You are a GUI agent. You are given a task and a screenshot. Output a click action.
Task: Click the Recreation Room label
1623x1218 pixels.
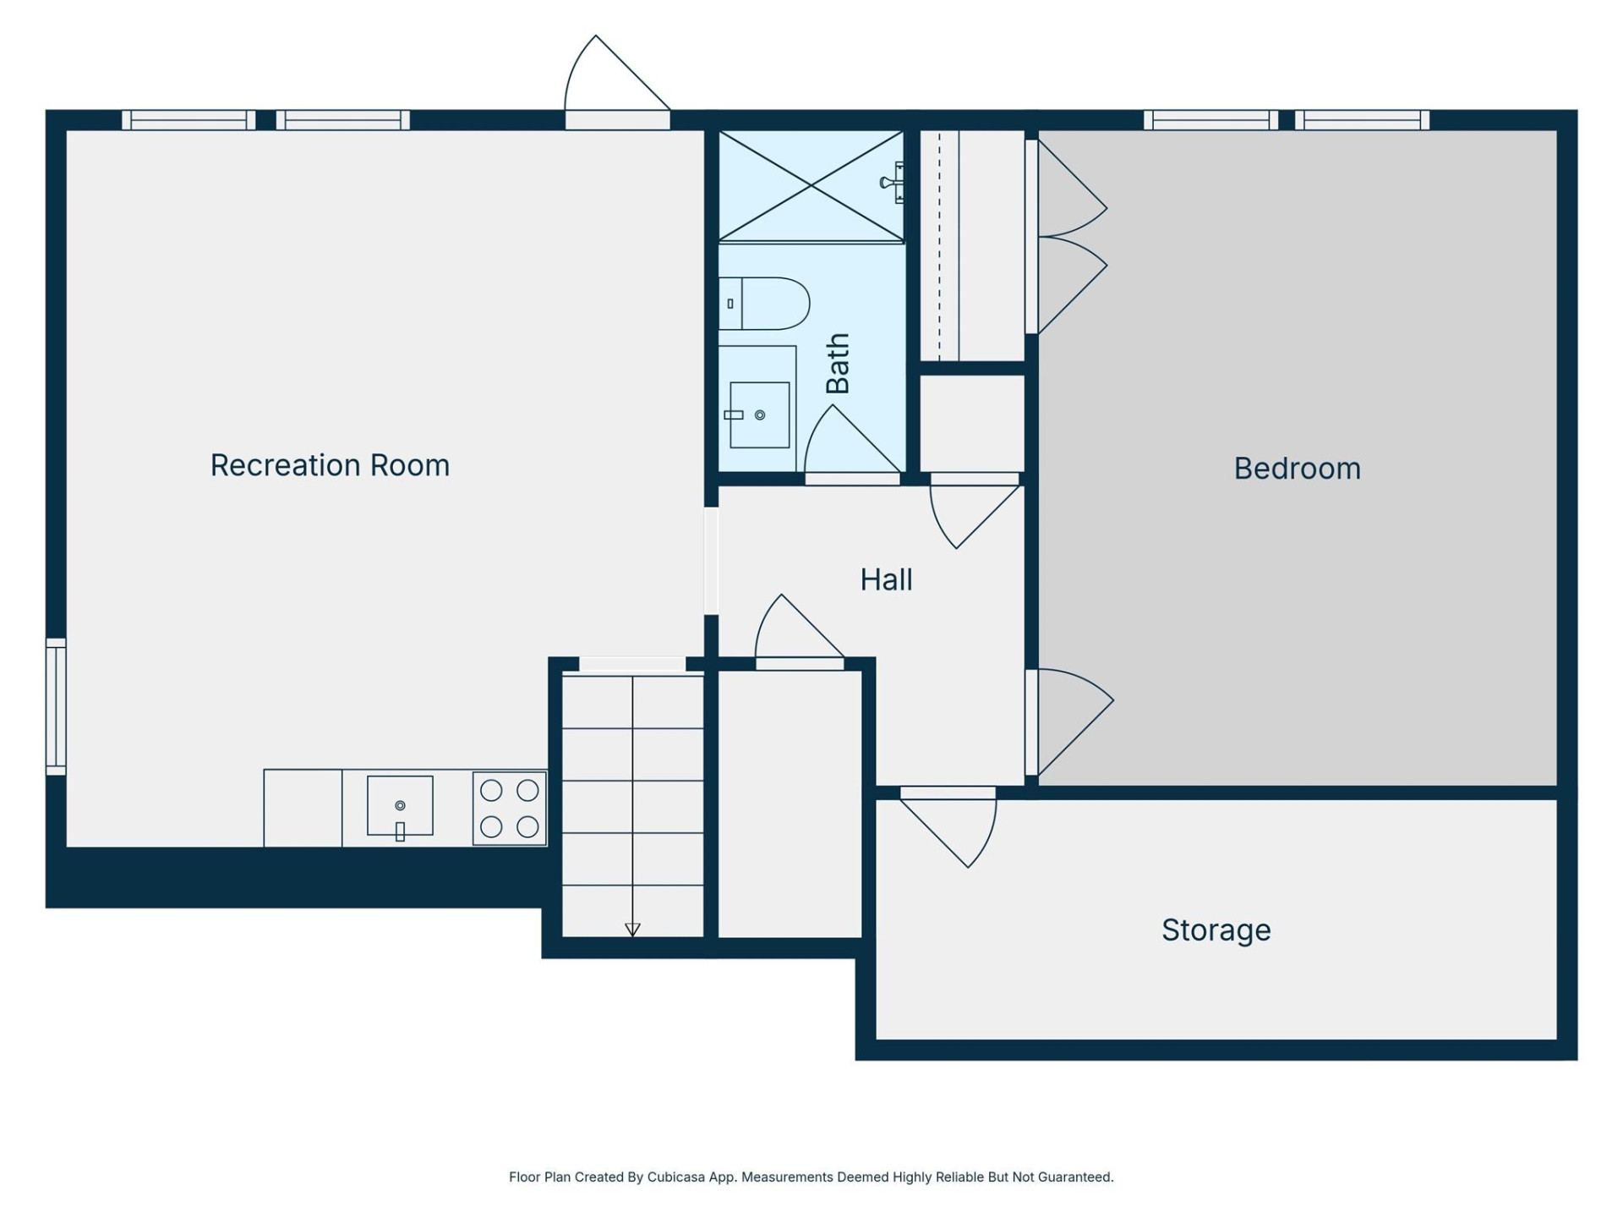tap(330, 465)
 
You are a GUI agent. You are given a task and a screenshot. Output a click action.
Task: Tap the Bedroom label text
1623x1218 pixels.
tap(1297, 469)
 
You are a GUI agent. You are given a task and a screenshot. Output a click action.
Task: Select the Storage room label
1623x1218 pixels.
tap(1216, 930)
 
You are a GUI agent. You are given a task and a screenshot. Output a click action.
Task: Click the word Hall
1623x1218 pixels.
tap(886, 580)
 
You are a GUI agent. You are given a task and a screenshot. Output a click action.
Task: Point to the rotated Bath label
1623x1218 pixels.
tap(837, 364)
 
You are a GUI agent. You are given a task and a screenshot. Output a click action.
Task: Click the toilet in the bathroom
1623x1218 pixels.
tap(765, 303)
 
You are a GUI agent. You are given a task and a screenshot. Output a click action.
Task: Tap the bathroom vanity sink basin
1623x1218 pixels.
tap(759, 414)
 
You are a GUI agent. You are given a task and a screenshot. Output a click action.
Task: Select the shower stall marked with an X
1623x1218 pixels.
tap(810, 186)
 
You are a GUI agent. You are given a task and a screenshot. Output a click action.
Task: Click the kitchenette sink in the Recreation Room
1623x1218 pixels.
tap(400, 806)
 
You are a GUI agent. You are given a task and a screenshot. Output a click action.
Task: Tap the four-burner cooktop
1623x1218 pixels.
tap(510, 808)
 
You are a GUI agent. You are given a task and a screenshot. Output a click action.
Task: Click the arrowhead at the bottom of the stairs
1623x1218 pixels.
tap(632, 930)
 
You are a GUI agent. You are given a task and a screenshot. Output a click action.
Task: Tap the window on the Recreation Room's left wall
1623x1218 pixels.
tap(56, 706)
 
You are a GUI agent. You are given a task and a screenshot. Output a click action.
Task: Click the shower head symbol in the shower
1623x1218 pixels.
tap(893, 183)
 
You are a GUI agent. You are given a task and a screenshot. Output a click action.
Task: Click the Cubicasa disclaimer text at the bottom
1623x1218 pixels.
tap(811, 1177)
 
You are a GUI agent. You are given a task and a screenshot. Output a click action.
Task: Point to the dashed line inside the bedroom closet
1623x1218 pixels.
tap(939, 245)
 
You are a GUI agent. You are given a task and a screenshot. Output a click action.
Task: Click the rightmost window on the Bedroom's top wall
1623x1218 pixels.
tap(1361, 120)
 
